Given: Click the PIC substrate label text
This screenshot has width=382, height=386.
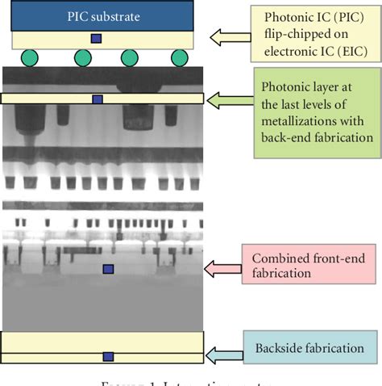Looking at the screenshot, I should coord(102,16).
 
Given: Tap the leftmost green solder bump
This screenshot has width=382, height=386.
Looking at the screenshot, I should coord(30,58).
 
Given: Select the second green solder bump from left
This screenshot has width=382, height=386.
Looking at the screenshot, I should coord(82,58).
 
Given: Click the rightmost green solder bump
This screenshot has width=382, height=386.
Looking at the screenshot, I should coord(179,58).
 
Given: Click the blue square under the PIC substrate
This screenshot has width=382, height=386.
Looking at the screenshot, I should coord(97,39).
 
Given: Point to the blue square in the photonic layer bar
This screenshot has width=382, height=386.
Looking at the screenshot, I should coord(98,99).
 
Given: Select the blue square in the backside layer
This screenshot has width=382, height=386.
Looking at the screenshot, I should coord(108,356).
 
